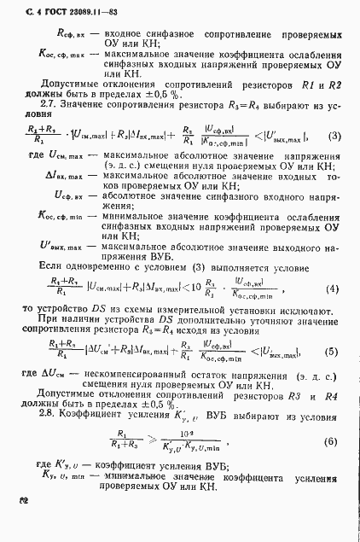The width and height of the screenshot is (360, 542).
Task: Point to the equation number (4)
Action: (x=334, y=286)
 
